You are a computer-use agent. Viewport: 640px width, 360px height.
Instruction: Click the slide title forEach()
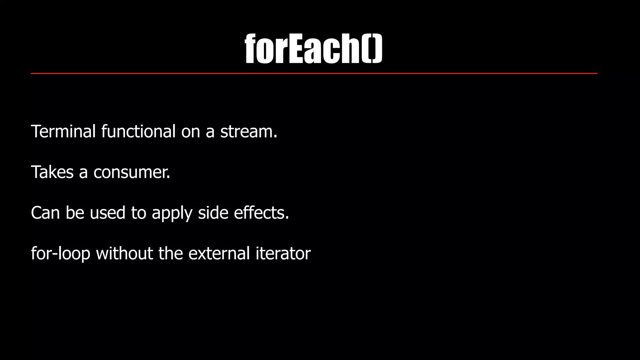[313, 48]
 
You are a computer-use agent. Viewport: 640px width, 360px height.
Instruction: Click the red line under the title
[314, 73]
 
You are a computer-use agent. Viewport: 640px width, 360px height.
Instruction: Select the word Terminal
[63, 131]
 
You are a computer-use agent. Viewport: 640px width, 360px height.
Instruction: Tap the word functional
[138, 131]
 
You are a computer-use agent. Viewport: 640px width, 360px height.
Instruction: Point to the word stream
[248, 131]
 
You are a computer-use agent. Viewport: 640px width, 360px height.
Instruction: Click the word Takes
[52, 172]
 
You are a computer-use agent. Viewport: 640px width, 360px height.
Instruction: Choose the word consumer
[132, 172]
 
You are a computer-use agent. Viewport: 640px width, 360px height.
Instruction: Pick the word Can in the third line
[45, 212]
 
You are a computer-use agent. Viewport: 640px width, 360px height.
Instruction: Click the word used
[107, 212]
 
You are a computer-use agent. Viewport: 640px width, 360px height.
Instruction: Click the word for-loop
[61, 254]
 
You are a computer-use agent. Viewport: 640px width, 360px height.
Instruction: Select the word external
[219, 253]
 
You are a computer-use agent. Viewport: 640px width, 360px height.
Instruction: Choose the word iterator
[283, 253]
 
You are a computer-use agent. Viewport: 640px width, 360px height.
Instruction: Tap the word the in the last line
[171, 253]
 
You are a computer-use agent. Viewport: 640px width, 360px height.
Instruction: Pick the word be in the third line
[75, 212]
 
